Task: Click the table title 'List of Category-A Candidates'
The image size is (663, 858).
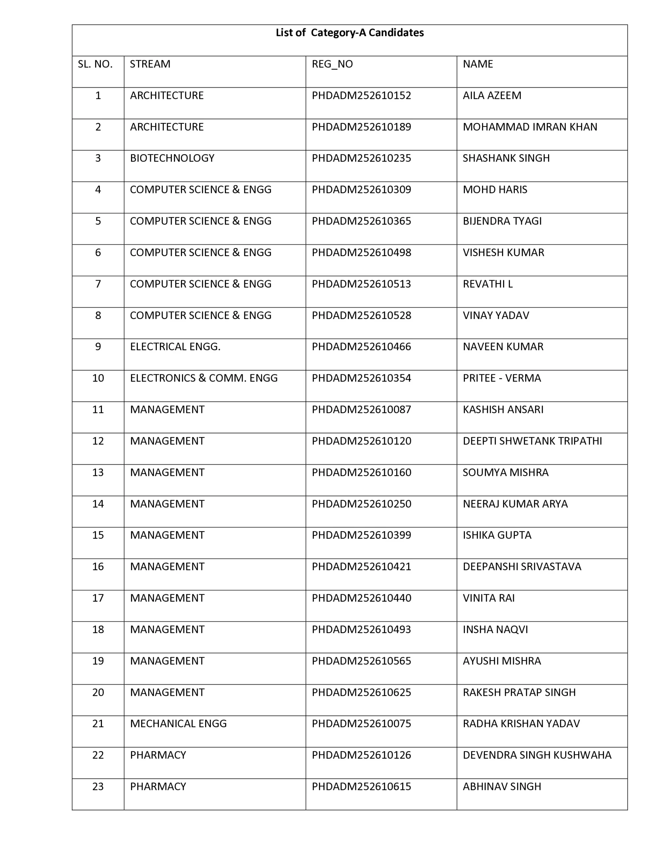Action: coord(349,33)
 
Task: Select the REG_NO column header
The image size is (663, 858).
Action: coord(332,64)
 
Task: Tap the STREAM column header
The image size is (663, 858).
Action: coord(150,64)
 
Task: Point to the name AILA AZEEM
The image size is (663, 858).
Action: coord(492,96)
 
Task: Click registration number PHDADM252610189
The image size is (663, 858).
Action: coord(361,127)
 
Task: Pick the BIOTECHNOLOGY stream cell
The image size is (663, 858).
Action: coord(172,158)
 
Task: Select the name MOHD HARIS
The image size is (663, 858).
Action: coord(495,189)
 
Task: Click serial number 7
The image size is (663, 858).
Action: coord(98,284)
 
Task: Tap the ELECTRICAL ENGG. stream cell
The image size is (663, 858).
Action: coord(175,347)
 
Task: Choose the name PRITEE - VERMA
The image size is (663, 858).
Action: coord(501,378)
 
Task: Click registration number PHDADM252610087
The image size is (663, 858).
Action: coord(361,409)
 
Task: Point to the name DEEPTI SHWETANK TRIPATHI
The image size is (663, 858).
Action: coord(532,441)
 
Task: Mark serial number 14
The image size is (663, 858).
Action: coord(98,504)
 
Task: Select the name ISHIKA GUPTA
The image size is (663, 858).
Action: coord(497,535)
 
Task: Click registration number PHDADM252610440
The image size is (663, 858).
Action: coord(361,598)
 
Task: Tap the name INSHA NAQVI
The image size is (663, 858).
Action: coord(495,629)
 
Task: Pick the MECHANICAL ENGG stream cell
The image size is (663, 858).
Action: coord(178,724)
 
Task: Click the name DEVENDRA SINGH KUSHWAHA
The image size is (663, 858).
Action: coord(537,755)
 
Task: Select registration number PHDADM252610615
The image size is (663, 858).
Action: coord(361,787)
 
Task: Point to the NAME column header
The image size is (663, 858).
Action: coord(478,64)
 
